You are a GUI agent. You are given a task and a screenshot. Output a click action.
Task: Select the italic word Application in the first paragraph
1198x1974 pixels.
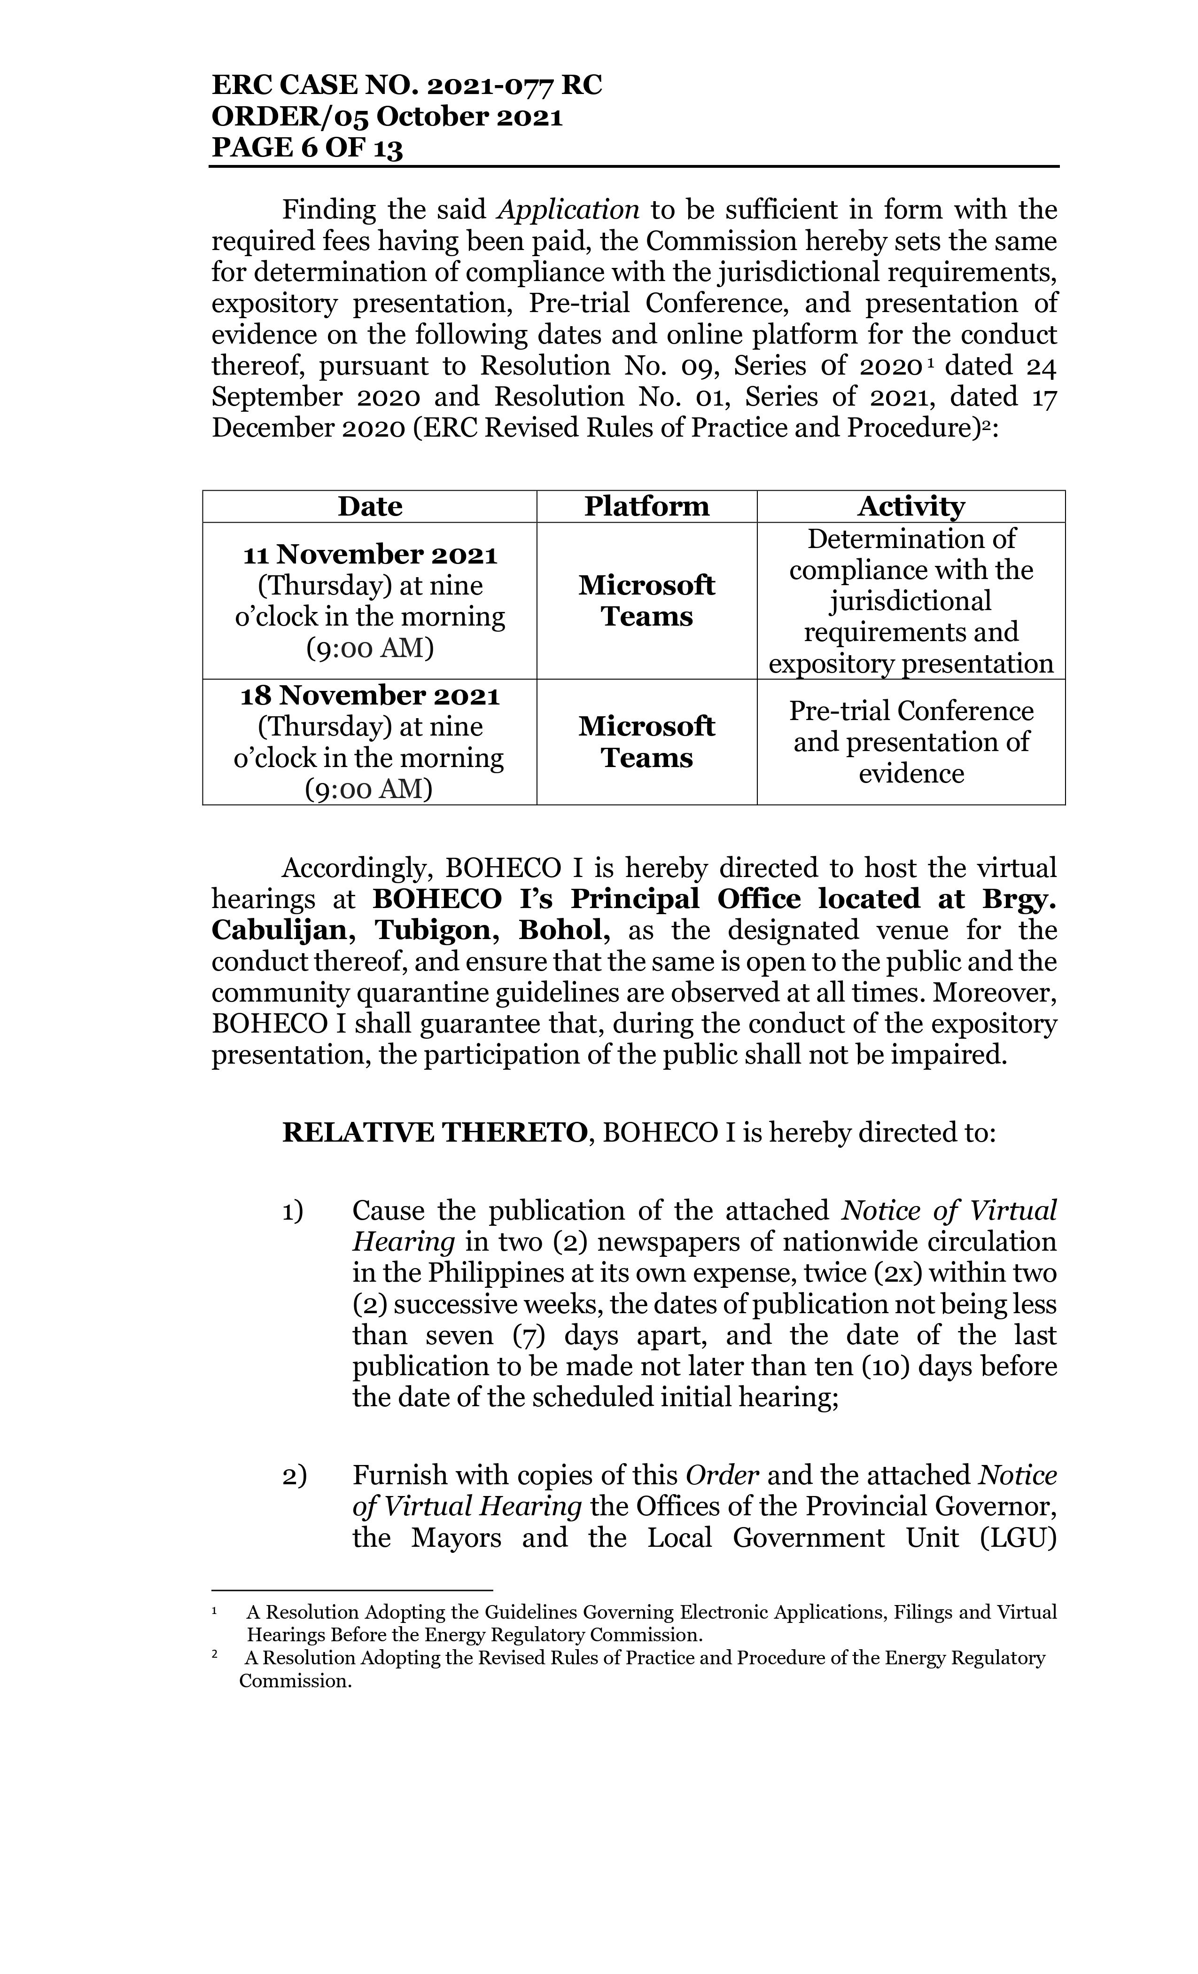pos(568,210)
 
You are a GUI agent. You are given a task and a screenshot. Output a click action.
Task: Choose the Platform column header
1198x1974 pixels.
pos(646,506)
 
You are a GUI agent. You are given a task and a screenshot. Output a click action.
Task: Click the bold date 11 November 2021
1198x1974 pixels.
pos(370,555)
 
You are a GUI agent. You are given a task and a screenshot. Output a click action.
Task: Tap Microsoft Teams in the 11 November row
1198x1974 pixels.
pos(646,601)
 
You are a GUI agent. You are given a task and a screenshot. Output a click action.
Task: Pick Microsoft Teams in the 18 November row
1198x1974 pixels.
pos(646,742)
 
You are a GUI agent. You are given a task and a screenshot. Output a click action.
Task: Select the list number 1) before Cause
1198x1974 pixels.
pos(293,1211)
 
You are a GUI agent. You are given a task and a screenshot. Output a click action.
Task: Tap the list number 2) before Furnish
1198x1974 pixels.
pos(293,1476)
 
